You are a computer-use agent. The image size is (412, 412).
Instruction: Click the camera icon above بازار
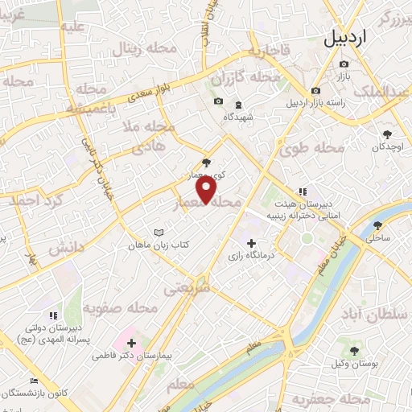(344, 64)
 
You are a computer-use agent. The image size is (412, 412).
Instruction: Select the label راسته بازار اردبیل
(319, 102)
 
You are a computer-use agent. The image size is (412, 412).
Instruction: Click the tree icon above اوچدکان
(387, 132)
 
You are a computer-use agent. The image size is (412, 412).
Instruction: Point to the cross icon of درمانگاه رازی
(252, 242)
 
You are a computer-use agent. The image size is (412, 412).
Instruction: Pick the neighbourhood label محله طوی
(312, 148)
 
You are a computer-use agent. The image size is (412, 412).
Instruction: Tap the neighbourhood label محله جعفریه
(315, 399)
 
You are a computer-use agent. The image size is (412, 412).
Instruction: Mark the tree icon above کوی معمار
(208, 161)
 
